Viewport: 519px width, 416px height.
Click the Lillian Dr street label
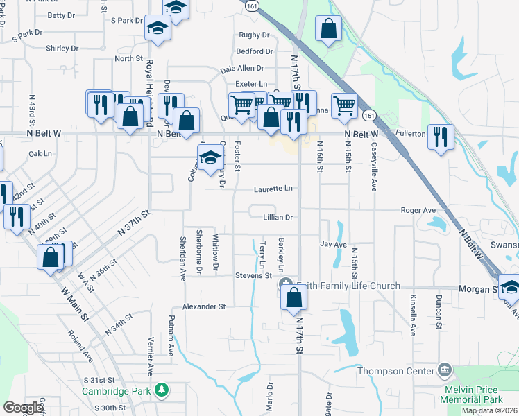click(278, 217)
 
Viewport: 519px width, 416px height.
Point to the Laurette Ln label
click(273, 188)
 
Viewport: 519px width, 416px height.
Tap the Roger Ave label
click(418, 210)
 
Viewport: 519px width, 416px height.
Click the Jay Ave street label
click(333, 245)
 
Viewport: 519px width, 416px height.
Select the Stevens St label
click(253, 275)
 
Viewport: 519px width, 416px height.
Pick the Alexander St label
click(204, 306)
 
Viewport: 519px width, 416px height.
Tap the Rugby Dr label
click(254, 35)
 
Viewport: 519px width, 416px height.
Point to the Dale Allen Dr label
click(242, 69)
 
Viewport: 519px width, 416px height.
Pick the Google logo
click(23, 408)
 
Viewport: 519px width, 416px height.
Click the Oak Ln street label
click(41, 153)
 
